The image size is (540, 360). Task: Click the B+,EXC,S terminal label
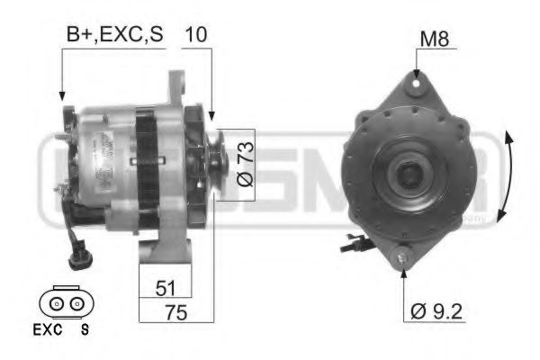[114, 36]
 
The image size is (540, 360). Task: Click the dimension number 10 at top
[196, 36]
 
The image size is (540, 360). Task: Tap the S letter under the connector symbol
[85, 328]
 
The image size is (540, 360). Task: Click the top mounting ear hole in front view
[417, 84]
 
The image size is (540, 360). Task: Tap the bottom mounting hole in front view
[403, 259]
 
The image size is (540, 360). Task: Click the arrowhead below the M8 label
[418, 72]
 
